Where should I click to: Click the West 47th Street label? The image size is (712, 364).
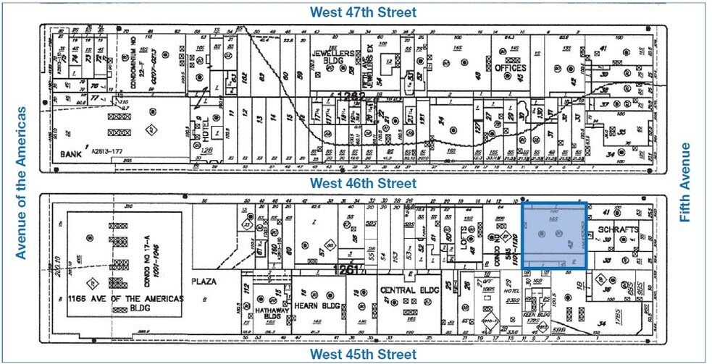pos(363,12)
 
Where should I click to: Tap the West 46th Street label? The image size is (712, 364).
pos(363,183)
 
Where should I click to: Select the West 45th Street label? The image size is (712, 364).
pos(363,354)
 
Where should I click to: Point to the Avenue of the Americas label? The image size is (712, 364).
pos(21,182)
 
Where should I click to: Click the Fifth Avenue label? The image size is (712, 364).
pos(685,182)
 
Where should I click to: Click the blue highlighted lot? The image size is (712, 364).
pos(554,235)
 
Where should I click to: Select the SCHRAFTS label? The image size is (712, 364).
pos(617,230)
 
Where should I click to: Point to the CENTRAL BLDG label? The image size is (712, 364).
pos(406,290)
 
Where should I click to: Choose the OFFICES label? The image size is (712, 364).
pos(511,68)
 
